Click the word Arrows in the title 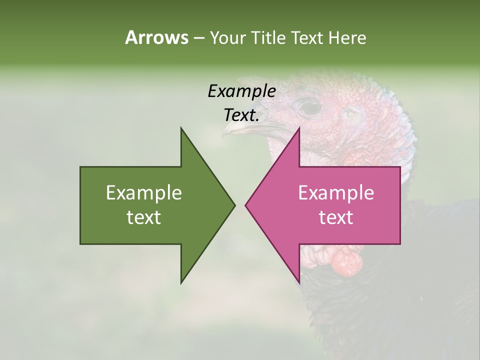[156, 37]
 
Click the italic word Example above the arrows [241, 91]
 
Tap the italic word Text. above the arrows [241, 115]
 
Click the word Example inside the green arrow [144, 193]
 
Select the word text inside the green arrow [144, 217]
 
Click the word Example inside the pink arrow [336, 193]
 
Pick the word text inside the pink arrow [336, 217]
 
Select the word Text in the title [307, 38]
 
